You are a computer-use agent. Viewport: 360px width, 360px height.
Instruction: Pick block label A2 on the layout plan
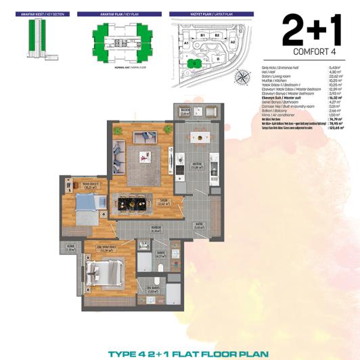point(233,41)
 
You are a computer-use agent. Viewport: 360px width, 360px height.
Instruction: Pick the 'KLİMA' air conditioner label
point(70,246)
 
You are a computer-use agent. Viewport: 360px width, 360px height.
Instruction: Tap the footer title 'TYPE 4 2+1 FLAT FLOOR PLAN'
point(179,353)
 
